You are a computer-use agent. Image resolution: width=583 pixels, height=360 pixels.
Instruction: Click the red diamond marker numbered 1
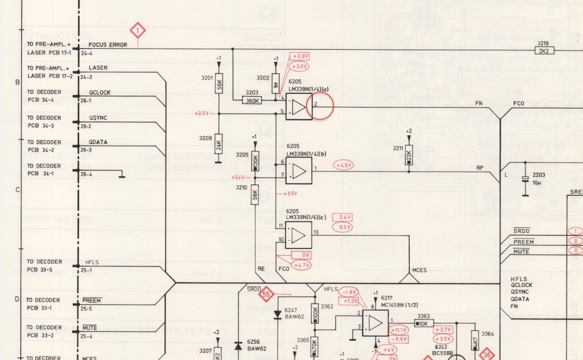138,31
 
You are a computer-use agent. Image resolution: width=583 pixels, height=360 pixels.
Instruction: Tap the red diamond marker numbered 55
266,294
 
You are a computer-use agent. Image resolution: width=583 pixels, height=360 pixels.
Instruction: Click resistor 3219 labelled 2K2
545,51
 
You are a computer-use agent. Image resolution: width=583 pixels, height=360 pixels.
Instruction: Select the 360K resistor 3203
252,100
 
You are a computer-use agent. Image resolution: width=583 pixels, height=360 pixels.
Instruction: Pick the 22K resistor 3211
409,155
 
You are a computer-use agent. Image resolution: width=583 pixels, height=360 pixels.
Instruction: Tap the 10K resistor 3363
423,323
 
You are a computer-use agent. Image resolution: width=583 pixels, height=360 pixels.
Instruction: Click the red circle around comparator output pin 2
320,106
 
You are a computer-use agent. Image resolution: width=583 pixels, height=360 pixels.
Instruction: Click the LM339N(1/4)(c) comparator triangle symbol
299,235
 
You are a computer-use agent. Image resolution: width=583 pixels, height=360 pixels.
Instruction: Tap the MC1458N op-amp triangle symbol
375,323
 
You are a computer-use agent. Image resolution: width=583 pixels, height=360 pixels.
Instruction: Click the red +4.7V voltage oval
302,265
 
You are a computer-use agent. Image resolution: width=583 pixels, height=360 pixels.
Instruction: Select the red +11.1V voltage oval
399,330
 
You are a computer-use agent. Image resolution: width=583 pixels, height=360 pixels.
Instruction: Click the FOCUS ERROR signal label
108,45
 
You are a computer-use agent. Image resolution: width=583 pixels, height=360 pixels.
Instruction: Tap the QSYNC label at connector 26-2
98,118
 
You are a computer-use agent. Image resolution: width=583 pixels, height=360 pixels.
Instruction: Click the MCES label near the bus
419,270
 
